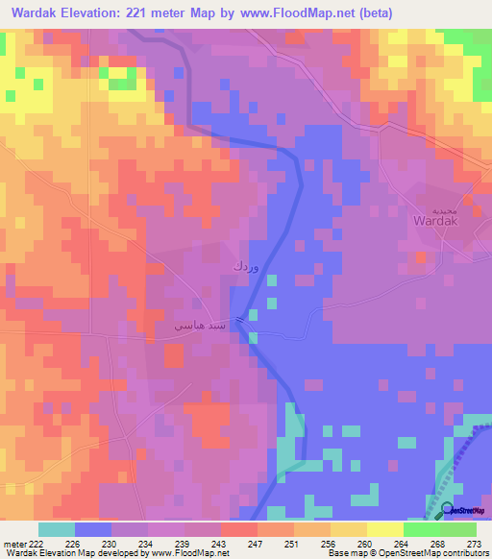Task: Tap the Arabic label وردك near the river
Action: pyautogui.click(x=245, y=262)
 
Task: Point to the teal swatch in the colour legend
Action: pyautogui.click(x=56, y=529)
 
